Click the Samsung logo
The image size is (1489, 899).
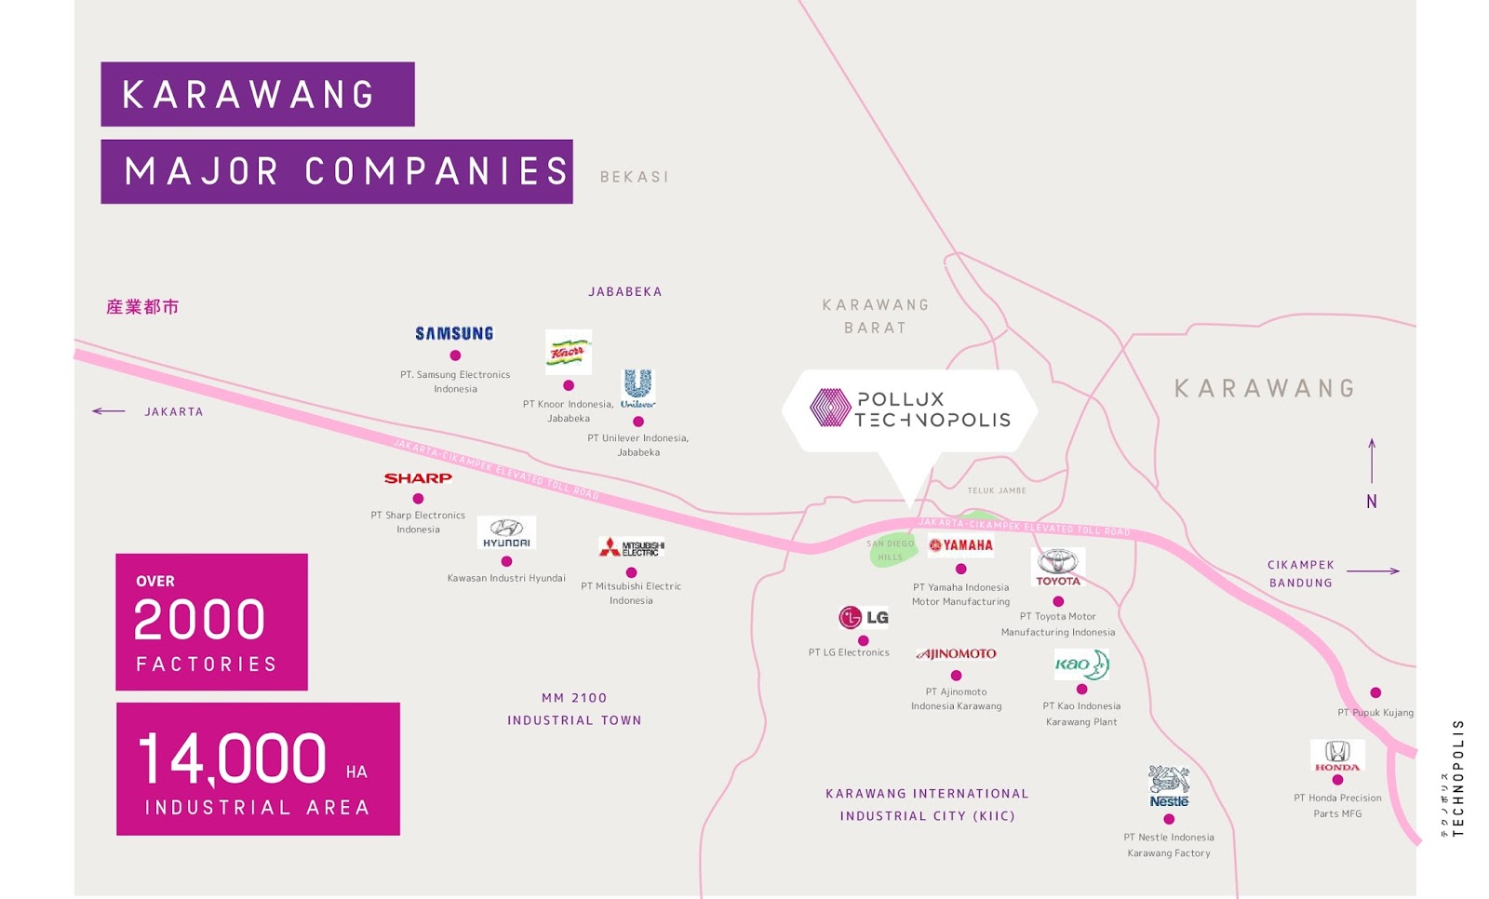pyautogui.click(x=454, y=333)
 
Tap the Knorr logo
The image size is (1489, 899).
pyautogui.click(x=569, y=352)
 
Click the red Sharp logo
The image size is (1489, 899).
pyautogui.click(x=418, y=478)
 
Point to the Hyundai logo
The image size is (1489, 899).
pyautogui.click(x=506, y=533)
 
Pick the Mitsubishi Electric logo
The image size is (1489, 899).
pyautogui.click(x=632, y=547)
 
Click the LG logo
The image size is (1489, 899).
pyautogui.click(x=864, y=617)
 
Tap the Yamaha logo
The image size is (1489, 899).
pyautogui.click(x=960, y=545)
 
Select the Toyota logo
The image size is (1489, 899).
pyautogui.click(x=1058, y=567)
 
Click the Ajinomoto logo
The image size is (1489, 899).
pyautogui.click(x=957, y=654)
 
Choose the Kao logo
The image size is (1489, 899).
pyautogui.click(x=1081, y=664)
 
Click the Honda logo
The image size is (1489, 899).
pyautogui.click(x=1337, y=756)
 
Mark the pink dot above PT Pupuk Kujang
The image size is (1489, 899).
pyautogui.click(x=1375, y=692)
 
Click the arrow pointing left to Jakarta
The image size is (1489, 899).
pyautogui.click(x=109, y=411)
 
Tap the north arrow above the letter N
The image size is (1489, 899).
pyautogui.click(x=1372, y=461)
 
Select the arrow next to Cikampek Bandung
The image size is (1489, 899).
pyautogui.click(x=1373, y=571)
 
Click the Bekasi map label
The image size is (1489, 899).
pyautogui.click(x=635, y=177)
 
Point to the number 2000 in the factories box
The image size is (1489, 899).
pyautogui.click(x=200, y=620)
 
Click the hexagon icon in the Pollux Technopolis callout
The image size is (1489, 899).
pyautogui.click(x=830, y=408)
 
